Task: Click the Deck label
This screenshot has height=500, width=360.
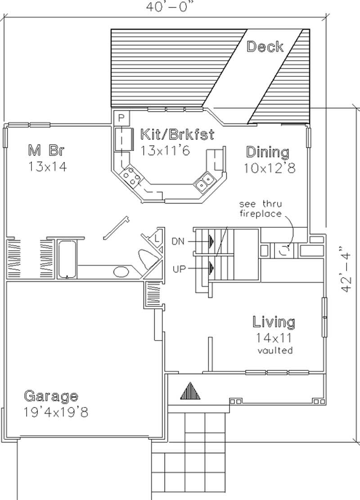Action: [265, 46]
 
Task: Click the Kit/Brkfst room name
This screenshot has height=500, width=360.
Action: [177, 134]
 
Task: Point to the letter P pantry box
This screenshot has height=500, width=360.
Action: [121, 118]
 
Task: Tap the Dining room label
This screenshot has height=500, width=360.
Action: [267, 152]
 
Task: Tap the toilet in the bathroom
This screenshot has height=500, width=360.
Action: [147, 259]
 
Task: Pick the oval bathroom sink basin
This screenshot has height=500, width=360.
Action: [120, 271]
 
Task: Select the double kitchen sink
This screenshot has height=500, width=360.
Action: [205, 181]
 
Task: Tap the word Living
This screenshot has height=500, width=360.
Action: [274, 322]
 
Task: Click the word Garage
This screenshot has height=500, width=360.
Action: [51, 396]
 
